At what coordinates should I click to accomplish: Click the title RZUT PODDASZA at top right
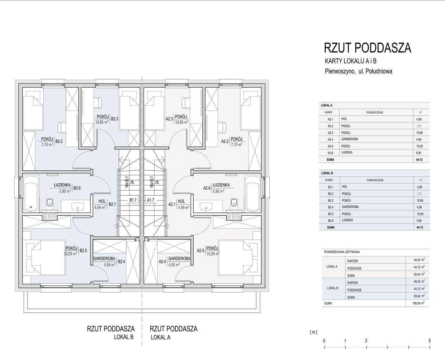(x=368, y=48)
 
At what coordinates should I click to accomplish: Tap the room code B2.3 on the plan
(x=115, y=119)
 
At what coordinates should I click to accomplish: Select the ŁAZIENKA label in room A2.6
(x=221, y=185)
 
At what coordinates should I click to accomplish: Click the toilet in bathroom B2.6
(x=50, y=203)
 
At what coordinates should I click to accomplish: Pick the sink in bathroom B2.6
(x=78, y=207)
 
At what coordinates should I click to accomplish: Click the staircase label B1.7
(x=133, y=200)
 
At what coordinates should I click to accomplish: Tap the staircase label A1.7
(x=151, y=200)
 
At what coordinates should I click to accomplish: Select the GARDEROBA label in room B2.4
(x=104, y=259)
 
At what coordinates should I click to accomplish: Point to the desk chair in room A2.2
(x=222, y=127)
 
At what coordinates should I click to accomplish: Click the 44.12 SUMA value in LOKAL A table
(x=419, y=160)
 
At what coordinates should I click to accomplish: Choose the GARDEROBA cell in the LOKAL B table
(x=350, y=207)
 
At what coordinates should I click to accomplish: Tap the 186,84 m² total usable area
(x=418, y=303)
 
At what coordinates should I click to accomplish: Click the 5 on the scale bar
(x=430, y=341)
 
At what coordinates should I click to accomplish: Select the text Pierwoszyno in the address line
(x=340, y=71)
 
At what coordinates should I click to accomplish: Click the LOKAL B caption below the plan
(x=124, y=337)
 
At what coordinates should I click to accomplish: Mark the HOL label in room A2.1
(x=181, y=201)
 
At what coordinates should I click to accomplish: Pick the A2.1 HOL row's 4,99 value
(x=419, y=119)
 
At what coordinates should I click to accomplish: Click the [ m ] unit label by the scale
(x=313, y=332)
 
